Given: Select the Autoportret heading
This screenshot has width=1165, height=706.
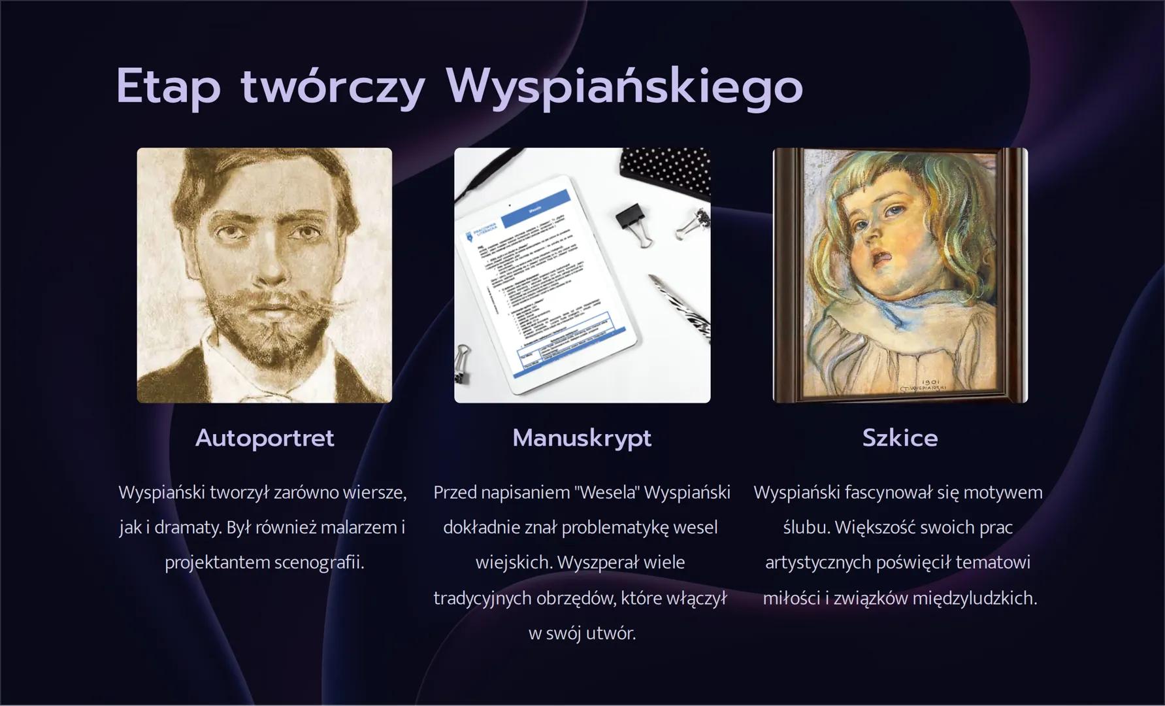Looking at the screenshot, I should pyautogui.click(x=265, y=438).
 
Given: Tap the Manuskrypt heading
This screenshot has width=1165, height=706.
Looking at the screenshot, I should pyautogui.click(x=582, y=438).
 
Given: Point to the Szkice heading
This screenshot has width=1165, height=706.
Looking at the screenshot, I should pyautogui.click(x=900, y=438).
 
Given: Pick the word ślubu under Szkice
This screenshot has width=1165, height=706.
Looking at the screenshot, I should pyautogui.click(x=805, y=528).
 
